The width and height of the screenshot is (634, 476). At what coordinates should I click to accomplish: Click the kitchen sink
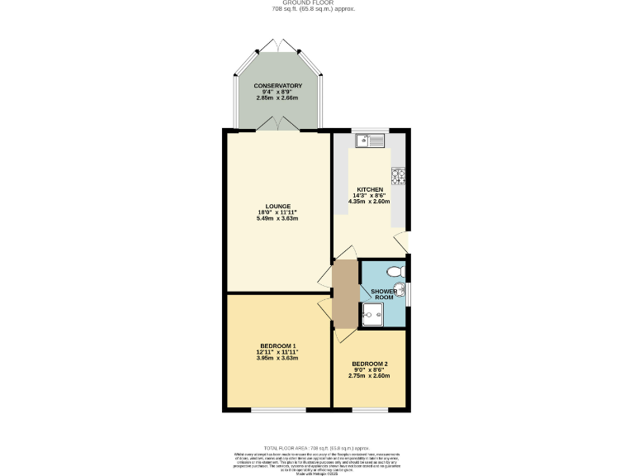[x=370, y=140]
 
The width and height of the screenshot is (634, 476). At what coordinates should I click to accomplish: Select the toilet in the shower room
[x=395, y=271]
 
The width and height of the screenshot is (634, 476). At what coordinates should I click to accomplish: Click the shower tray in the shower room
[x=372, y=314]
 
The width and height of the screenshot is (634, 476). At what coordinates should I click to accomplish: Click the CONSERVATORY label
[x=277, y=86]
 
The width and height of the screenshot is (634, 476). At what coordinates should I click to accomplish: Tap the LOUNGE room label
[x=277, y=206]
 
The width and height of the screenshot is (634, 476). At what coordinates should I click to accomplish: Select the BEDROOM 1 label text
[x=277, y=345]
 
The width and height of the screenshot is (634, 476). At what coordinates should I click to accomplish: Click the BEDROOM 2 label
[x=369, y=364]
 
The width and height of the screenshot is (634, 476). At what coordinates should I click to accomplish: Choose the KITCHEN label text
[x=369, y=189]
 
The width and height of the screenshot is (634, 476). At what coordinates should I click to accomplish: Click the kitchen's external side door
[x=402, y=241]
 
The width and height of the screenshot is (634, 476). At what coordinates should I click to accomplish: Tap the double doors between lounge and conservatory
[x=277, y=124]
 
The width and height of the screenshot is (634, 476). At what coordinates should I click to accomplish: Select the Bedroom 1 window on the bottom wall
[x=277, y=410]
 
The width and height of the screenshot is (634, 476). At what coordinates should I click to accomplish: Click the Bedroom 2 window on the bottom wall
[x=369, y=410]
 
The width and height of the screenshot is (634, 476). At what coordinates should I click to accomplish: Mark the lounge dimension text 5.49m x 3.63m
[x=277, y=219]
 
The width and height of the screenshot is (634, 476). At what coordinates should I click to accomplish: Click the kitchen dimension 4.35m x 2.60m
[x=369, y=201]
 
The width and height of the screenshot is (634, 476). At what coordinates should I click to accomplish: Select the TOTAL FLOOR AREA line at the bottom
[x=316, y=445]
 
